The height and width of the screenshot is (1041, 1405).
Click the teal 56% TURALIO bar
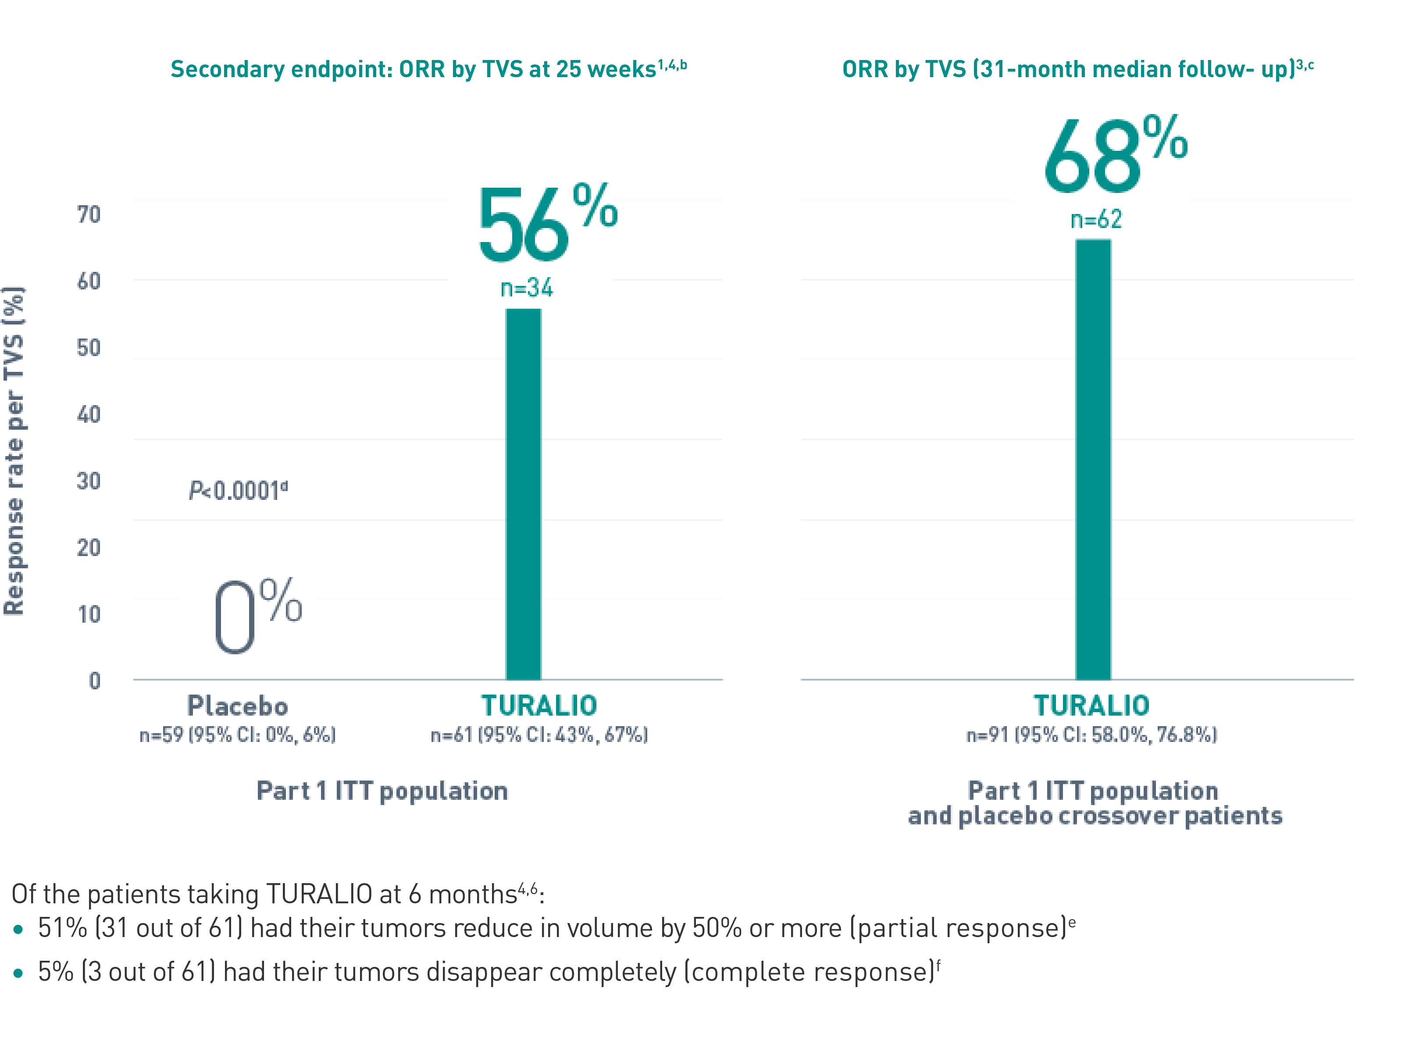click(523, 495)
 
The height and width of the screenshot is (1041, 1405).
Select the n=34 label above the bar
click(526, 288)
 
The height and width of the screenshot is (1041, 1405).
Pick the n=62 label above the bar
click(1096, 219)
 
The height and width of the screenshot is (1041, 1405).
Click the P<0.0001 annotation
click(238, 490)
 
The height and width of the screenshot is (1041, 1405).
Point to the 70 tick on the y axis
click(89, 215)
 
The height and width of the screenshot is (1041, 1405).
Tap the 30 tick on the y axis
click(89, 481)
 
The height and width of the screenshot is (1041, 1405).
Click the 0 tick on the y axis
click(95, 681)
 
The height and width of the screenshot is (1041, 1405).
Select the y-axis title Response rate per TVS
click(14, 450)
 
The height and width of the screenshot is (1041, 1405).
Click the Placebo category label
click(238, 705)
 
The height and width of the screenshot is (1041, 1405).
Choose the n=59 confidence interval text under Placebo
click(238, 735)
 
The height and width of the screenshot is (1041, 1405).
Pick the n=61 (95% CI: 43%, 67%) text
click(538, 735)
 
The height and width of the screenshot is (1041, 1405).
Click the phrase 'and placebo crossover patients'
click(1095, 816)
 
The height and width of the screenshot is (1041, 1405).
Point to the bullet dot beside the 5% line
click(18, 973)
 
